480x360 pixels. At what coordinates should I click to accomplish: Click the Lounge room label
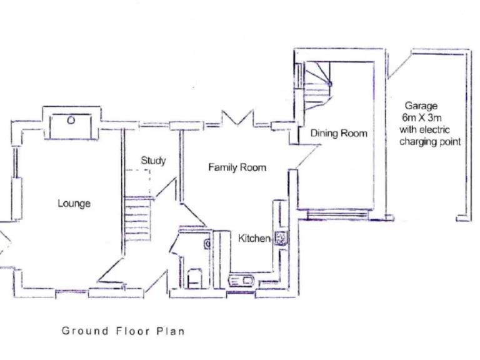(x=74, y=203)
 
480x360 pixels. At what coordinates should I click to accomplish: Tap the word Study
(x=153, y=161)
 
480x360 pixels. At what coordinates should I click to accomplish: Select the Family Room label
(x=237, y=167)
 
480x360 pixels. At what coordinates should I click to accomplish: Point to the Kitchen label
(x=253, y=238)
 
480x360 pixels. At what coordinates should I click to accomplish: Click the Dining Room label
(x=339, y=133)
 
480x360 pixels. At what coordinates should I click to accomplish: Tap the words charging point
(x=430, y=142)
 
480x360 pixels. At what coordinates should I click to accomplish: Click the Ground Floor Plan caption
(x=123, y=331)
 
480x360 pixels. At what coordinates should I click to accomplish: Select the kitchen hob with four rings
(x=280, y=237)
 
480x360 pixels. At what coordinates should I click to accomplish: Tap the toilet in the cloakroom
(x=194, y=277)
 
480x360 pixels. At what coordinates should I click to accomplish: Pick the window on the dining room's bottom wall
(x=341, y=216)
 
